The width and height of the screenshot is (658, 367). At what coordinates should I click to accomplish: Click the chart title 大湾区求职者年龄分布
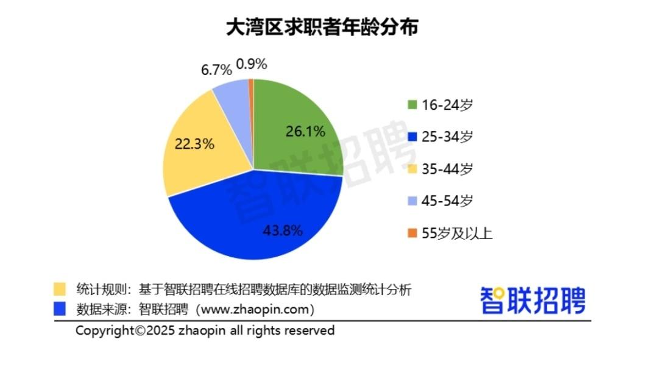pos(323,27)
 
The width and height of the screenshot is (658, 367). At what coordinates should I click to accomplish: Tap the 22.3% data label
pos(193,144)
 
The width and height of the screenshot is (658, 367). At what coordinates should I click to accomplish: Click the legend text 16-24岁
pos(447,105)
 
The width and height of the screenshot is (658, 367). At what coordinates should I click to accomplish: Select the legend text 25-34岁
pos(447,137)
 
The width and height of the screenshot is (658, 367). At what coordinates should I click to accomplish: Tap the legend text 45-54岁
pos(447,201)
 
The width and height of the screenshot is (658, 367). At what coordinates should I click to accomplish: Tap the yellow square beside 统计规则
pos(60,288)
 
